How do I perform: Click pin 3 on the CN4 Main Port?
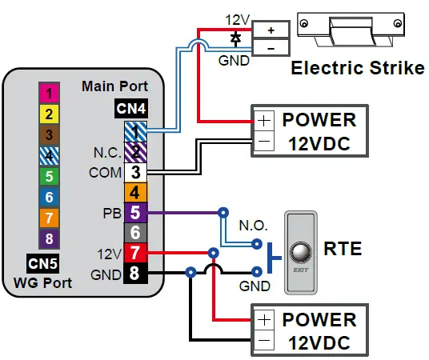(135, 171)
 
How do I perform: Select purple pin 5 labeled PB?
(135, 213)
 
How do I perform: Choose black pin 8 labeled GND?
(135, 274)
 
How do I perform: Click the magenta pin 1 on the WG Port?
(49, 93)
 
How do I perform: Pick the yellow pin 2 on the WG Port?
(49, 114)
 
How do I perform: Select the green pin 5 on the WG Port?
(49, 176)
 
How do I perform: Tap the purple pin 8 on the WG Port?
(49, 238)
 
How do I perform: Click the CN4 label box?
(132, 106)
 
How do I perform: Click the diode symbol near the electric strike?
(235, 37)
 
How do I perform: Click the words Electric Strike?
(357, 68)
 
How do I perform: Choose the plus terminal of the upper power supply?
(263, 121)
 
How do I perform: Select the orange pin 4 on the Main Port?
(135, 192)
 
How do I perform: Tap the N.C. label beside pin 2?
(106, 151)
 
